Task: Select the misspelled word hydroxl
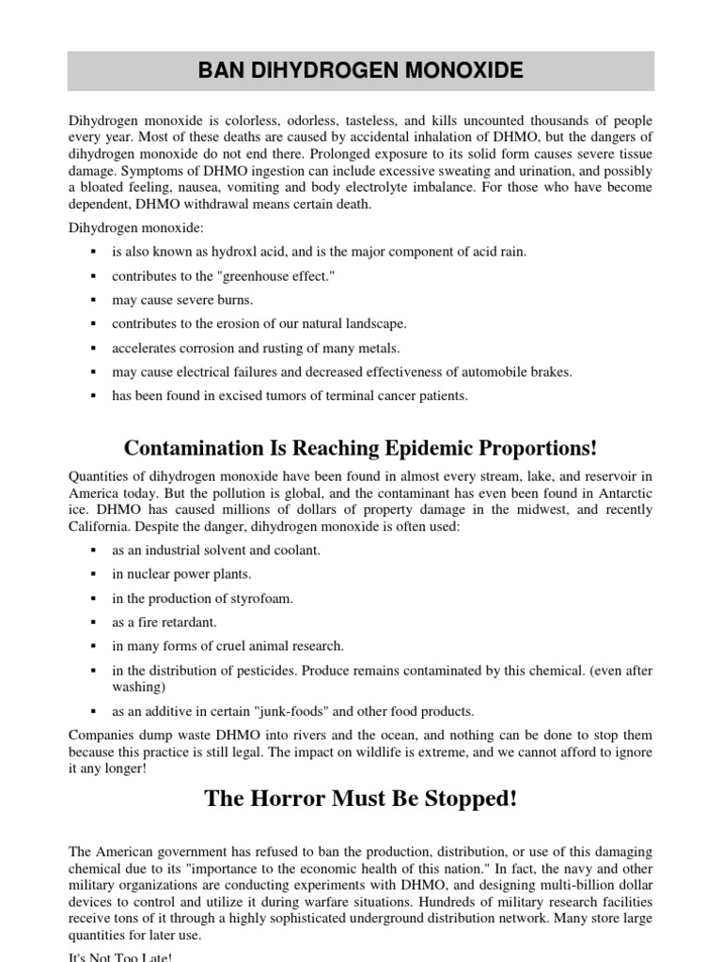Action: tap(240, 251)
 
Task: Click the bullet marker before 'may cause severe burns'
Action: tap(94, 300)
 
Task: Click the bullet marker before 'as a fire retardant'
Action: tap(94, 622)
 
